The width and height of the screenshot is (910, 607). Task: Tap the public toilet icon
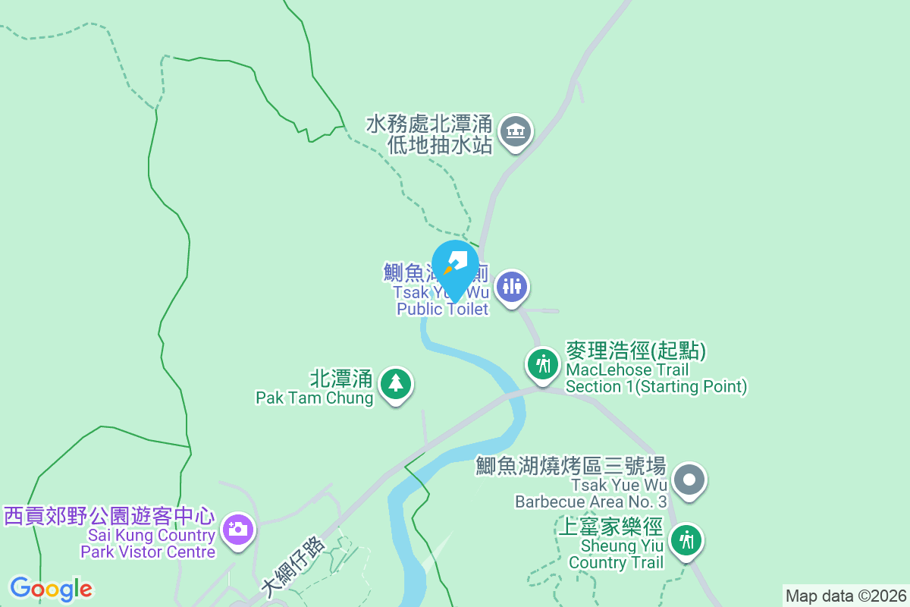coord(512,287)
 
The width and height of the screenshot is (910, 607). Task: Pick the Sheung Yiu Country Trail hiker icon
coord(687,540)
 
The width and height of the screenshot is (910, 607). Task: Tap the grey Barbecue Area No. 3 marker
coord(689,480)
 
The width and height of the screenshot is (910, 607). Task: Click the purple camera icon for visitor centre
coord(238,528)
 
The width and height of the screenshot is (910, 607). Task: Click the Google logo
coord(51,589)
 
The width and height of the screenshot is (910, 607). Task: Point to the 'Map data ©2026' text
coord(846,596)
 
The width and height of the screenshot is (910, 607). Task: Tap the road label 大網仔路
coord(293,565)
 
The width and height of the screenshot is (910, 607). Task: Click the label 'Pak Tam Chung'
coord(314,398)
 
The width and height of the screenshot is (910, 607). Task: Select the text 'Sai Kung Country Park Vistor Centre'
coord(148,543)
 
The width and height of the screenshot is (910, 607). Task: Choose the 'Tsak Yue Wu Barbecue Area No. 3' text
coord(591,493)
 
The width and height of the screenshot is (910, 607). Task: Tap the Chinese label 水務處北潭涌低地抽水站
coord(430,134)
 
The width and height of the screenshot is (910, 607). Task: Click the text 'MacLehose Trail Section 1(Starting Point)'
coord(657,379)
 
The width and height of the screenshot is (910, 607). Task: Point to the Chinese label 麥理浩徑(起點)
coord(635,351)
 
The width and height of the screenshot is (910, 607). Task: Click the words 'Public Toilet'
coord(443,309)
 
